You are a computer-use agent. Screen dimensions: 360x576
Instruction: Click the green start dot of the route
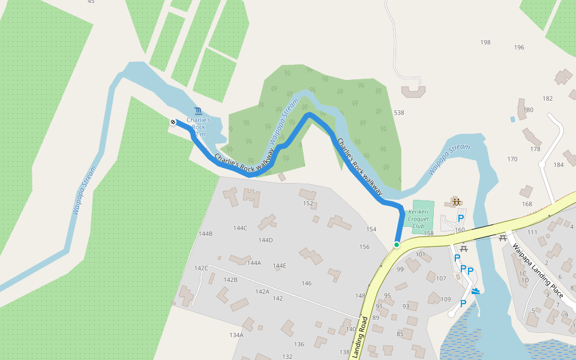coord(397,245)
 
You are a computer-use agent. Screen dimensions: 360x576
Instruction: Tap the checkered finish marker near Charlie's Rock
coord(173,122)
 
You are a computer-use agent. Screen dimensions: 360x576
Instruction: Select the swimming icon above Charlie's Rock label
coord(198,112)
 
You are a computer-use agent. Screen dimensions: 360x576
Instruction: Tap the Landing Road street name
coord(362,337)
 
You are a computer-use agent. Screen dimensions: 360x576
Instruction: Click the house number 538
coord(399,113)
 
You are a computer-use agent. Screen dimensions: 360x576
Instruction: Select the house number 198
coord(485,43)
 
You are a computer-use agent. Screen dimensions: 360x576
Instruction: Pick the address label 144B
coord(205,233)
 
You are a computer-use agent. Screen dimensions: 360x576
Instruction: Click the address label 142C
coord(201,268)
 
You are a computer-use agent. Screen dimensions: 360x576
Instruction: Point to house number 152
coord(308,204)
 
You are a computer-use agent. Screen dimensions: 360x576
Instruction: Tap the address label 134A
coord(236,335)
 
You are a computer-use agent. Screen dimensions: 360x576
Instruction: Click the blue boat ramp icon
coord(476,292)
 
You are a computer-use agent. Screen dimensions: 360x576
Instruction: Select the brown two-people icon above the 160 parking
coord(456,202)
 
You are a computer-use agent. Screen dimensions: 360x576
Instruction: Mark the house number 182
coord(547,99)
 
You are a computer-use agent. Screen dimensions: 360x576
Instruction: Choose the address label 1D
coord(525,280)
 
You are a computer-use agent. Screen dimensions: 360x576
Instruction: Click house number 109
coord(445,299)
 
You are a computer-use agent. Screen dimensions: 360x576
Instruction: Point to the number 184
coord(559,165)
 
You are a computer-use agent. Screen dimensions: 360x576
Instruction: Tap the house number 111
coord(532,233)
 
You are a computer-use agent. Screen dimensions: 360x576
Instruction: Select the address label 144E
coord(280,266)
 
